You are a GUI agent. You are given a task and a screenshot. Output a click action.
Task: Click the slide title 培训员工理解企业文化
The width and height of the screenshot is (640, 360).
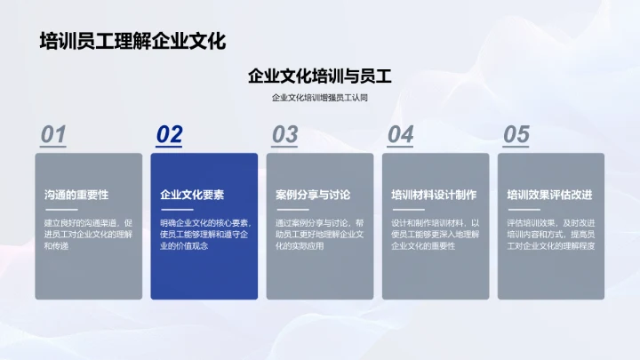pyautogui.click(x=132, y=41)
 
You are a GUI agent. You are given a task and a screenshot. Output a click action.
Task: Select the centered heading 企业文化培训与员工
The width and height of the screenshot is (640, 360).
pyautogui.click(x=320, y=76)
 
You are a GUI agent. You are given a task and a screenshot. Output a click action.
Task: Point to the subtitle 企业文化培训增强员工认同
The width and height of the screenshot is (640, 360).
pyautogui.click(x=320, y=98)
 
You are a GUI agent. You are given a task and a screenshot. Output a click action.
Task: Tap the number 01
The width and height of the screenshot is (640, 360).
pyautogui.click(x=53, y=134)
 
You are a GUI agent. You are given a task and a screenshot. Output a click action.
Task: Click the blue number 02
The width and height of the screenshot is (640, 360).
pyautogui.click(x=169, y=134)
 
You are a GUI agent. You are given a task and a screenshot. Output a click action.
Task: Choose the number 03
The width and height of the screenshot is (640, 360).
pyautogui.click(x=284, y=134)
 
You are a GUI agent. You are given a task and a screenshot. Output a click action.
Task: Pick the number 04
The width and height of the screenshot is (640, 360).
pyautogui.click(x=400, y=134)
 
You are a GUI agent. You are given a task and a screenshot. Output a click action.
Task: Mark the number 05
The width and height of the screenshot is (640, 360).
pyautogui.click(x=516, y=134)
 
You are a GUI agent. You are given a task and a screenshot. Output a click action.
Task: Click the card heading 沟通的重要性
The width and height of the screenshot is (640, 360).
pyautogui.click(x=76, y=195)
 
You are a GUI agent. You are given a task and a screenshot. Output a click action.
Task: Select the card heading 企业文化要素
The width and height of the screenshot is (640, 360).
pyautogui.click(x=191, y=195)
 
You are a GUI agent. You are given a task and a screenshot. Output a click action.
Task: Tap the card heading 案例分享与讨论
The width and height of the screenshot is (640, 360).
pyautogui.click(x=313, y=195)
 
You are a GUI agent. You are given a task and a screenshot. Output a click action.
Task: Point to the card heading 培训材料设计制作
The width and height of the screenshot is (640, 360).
pyautogui.click(x=434, y=195)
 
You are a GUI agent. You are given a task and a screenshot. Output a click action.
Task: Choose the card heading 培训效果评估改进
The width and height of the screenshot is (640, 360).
pyautogui.click(x=549, y=195)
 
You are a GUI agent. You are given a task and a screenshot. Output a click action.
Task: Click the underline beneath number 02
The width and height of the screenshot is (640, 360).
pyautogui.click(x=169, y=148)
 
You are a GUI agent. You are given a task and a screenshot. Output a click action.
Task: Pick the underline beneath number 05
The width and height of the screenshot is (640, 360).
pyautogui.click(x=516, y=148)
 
